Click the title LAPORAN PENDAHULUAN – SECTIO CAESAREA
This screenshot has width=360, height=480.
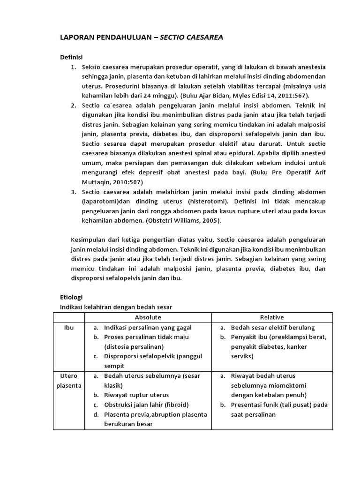141,38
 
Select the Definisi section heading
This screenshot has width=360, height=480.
71,57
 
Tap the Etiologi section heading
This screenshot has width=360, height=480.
71,298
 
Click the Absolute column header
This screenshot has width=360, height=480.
148,317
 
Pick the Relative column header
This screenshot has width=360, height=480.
272,317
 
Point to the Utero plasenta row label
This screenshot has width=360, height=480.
68,381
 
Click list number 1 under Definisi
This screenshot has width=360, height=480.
74,67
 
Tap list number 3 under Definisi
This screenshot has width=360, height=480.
74,192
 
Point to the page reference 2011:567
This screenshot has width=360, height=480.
265,96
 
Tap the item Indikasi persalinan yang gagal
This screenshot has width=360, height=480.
148,328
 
